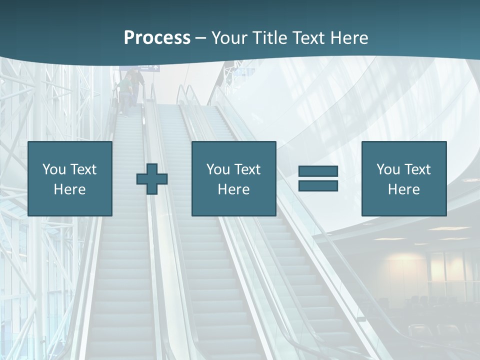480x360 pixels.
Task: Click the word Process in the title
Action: (x=157, y=38)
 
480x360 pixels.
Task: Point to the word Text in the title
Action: (x=308, y=38)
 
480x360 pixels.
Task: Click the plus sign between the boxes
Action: (x=152, y=179)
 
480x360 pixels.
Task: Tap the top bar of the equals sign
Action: (x=318, y=171)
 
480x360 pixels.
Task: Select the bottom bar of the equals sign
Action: (x=318, y=185)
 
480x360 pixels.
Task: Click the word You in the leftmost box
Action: (x=54, y=169)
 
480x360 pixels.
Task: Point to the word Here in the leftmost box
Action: (x=69, y=189)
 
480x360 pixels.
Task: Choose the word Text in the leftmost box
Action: (x=83, y=169)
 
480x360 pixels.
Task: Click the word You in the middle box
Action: (x=218, y=169)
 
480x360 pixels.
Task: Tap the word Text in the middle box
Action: (x=247, y=169)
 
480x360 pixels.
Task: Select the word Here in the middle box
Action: (x=233, y=189)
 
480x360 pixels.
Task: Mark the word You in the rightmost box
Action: (x=388, y=169)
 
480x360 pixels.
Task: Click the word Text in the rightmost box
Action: (x=417, y=169)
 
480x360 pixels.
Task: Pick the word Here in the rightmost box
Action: (x=403, y=189)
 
